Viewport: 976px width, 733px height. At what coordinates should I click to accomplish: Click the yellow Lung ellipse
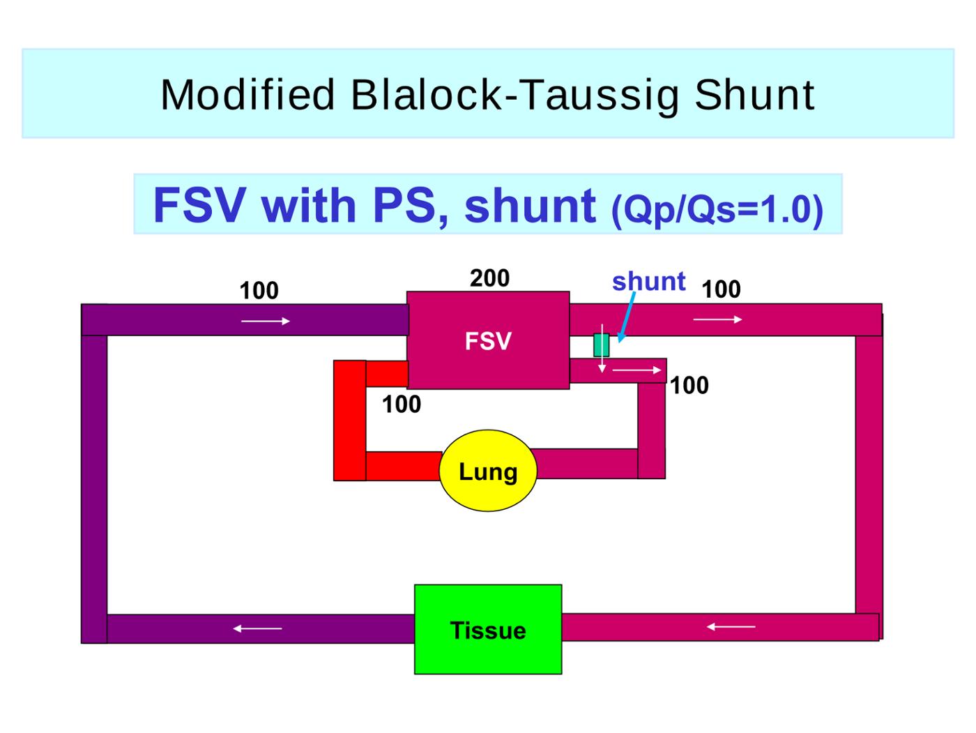click(488, 470)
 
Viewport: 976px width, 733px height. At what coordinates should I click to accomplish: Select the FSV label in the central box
click(488, 341)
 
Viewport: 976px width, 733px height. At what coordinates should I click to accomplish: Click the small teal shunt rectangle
click(601, 345)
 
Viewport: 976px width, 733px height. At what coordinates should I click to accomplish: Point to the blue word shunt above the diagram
click(649, 282)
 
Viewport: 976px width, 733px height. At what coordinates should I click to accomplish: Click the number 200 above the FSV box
click(489, 278)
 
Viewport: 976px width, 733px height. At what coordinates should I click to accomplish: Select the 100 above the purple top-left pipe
click(259, 290)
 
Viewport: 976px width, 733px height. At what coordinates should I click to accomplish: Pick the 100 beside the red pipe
click(401, 405)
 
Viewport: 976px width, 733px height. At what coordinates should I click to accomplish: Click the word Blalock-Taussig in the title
click(514, 95)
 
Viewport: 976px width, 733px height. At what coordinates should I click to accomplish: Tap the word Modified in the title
click(247, 94)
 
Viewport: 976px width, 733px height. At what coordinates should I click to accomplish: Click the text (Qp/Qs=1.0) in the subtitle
click(717, 210)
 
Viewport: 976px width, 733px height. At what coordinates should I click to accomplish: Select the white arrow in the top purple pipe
click(266, 321)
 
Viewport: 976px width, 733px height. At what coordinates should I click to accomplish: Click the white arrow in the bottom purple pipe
click(257, 628)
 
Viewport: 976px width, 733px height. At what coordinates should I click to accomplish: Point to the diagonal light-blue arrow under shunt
click(626, 317)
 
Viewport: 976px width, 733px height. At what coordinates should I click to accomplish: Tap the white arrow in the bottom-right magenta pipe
click(731, 626)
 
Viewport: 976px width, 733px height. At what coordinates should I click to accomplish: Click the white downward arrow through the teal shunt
click(602, 348)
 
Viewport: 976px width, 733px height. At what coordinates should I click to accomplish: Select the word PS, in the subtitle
click(411, 206)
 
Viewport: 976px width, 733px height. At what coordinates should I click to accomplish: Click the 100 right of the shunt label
click(721, 289)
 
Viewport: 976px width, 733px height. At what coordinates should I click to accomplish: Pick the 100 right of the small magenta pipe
click(689, 385)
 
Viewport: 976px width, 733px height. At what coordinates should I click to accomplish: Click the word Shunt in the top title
click(754, 94)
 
